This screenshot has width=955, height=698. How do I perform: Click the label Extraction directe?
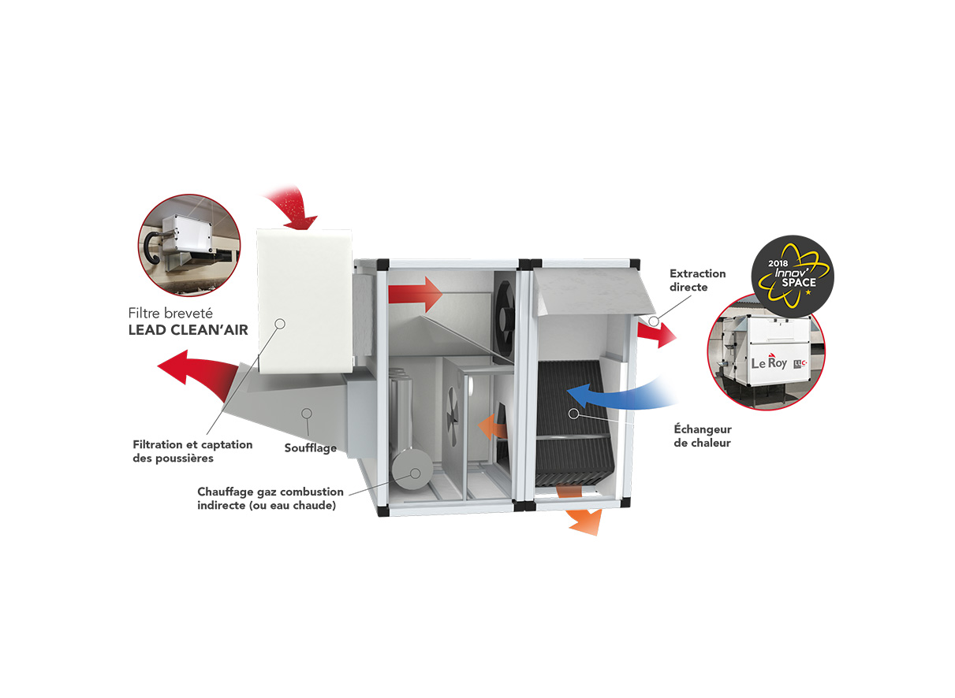tap(697, 280)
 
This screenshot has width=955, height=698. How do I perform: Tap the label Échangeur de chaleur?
tap(702, 436)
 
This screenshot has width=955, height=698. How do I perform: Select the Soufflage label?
tap(310, 448)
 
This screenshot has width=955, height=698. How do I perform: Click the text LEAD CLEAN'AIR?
tap(188, 331)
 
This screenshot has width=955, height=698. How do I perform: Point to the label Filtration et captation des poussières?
tap(192, 451)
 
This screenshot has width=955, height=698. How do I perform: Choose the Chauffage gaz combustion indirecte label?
tap(270, 499)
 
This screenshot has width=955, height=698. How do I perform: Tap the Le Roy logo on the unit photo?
tap(769, 363)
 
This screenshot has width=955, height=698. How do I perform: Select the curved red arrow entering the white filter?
tap(292, 206)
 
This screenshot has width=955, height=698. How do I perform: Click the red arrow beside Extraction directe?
tap(657, 335)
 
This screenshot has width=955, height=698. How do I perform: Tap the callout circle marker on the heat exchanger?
tap(573, 413)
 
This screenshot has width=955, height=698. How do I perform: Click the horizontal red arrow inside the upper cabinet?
tap(416, 295)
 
